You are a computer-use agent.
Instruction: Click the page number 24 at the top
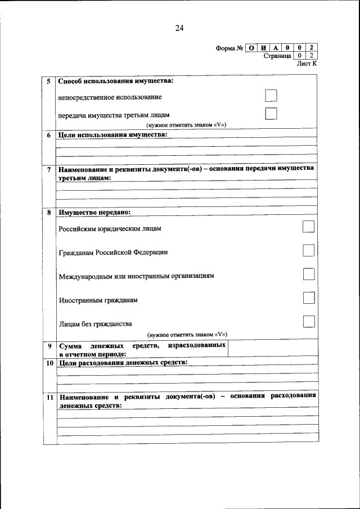click(179, 28)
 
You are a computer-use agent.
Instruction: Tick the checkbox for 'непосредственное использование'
click(271, 96)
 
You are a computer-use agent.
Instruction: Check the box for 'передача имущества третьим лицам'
click(271, 114)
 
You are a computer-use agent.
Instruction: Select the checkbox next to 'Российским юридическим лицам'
click(308, 227)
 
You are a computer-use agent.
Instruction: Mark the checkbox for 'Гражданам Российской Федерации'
click(308, 250)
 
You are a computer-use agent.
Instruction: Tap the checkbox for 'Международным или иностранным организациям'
click(308, 274)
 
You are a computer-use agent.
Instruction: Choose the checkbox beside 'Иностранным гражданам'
click(308, 298)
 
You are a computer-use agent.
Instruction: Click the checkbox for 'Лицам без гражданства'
click(308, 322)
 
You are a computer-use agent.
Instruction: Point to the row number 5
click(49, 82)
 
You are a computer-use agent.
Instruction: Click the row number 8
click(49, 213)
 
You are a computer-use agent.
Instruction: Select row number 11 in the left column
click(49, 397)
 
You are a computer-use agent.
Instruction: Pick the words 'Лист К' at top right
click(307, 64)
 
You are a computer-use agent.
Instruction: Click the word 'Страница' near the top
click(277, 56)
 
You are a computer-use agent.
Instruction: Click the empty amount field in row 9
click(272, 349)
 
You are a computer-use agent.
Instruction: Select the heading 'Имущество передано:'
click(94, 212)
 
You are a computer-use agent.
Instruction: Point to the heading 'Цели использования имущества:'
click(113, 135)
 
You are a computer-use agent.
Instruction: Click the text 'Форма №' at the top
click(229, 48)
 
